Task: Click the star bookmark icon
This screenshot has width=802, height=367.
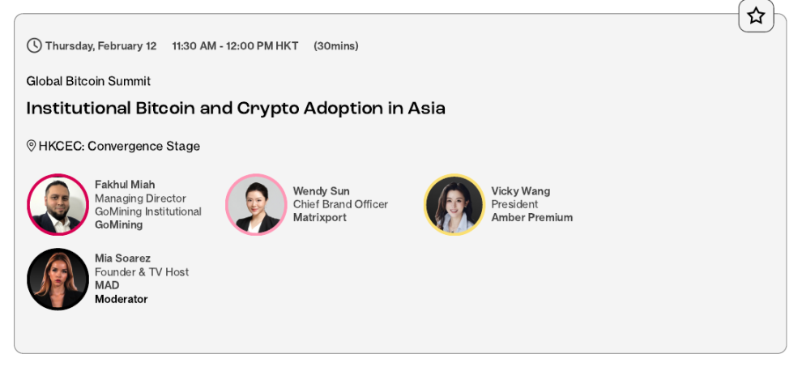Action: point(756,16)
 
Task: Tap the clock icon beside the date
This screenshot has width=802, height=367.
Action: point(34,45)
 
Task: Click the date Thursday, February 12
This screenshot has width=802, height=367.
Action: point(100,46)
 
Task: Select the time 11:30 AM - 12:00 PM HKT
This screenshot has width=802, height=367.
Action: point(235,46)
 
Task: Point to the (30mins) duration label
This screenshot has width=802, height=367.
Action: point(336,46)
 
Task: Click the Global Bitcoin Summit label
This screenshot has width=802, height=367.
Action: point(88,81)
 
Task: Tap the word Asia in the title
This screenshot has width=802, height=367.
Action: point(427,108)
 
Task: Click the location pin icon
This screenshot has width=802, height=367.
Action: point(32,146)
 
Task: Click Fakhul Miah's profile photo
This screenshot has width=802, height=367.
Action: point(58,205)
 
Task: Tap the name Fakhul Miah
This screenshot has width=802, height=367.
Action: point(125,185)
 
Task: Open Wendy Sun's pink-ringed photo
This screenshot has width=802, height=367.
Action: point(256,205)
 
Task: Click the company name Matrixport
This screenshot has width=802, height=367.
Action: point(320,218)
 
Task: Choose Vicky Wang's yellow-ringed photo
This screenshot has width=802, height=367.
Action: point(454,205)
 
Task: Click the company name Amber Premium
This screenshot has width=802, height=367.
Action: point(532,218)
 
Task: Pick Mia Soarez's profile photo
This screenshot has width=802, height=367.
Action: point(58,279)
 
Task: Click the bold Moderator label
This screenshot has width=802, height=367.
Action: point(122,300)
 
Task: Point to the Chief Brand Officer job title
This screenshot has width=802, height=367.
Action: point(340,204)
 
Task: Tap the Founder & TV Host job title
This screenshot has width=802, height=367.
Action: point(142,271)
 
